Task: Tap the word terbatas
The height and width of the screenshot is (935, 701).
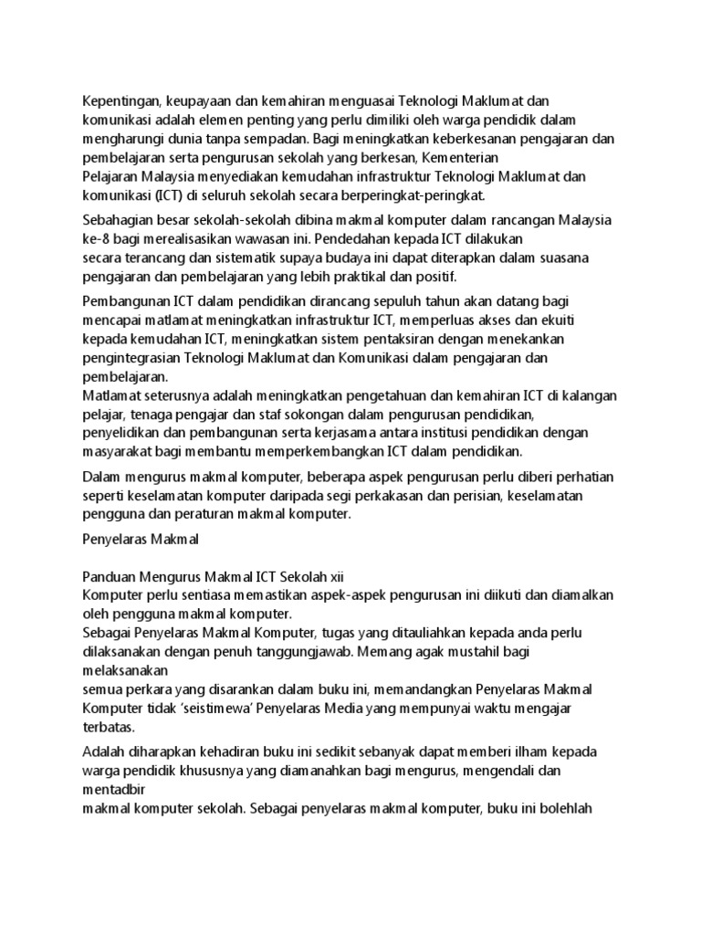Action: (108, 727)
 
